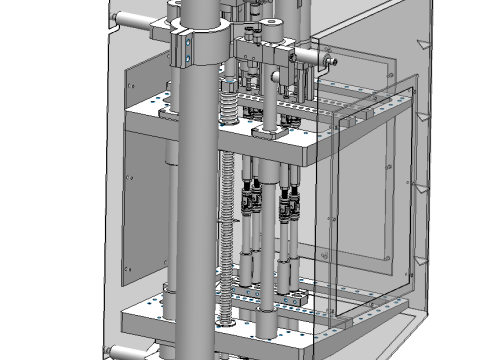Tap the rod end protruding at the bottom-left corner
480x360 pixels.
[119, 351]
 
